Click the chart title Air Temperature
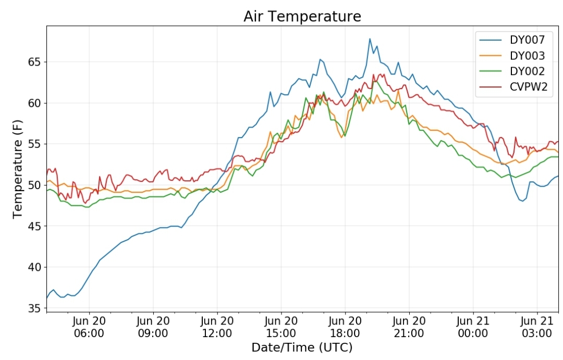[302, 17]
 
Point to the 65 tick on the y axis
[34, 62]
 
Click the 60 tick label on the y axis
[34, 103]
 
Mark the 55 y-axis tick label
[34, 144]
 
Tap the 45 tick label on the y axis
[34, 226]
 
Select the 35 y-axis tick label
[34, 308]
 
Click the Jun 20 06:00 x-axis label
[89, 327]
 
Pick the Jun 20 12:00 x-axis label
[217, 327]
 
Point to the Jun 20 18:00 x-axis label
[345, 327]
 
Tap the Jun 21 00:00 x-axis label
[473, 327]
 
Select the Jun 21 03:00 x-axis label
[537, 327]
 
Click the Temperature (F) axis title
[17, 169]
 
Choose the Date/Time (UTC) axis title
[302, 347]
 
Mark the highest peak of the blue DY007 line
[370, 39]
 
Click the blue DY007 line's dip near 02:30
[522, 201]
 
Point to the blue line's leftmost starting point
[47, 299]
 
